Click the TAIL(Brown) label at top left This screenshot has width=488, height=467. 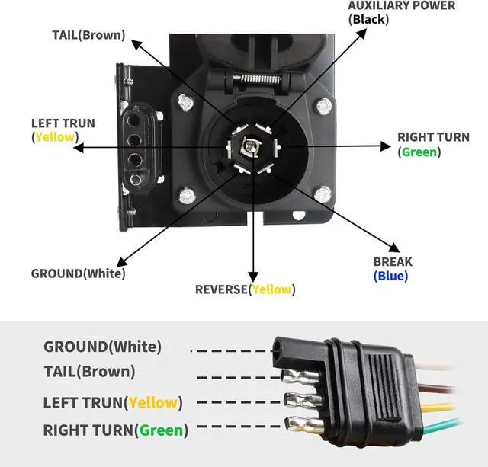[x=88, y=35]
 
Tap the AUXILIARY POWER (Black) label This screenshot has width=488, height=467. [x=401, y=12]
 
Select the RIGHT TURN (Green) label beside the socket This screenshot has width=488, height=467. [x=433, y=144]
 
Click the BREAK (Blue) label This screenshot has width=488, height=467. [x=392, y=269]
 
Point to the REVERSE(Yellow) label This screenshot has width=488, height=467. [x=245, y=289]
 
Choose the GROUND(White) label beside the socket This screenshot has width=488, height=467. [x=78, y=273]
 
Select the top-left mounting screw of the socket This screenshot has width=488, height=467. [x=184, y=101]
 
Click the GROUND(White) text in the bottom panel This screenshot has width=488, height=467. [x=102, y=347]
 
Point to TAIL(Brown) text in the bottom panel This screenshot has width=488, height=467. [x=89, y=372]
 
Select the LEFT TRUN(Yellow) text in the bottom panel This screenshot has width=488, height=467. [x=113, y=402]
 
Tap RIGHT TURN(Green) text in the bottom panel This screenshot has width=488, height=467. [x=114, y=430]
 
